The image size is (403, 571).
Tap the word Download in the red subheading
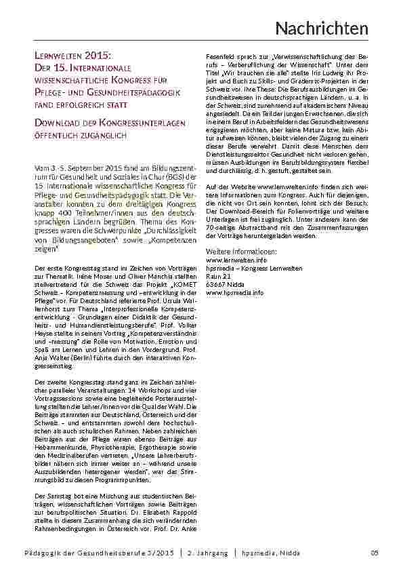(58, 123)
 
